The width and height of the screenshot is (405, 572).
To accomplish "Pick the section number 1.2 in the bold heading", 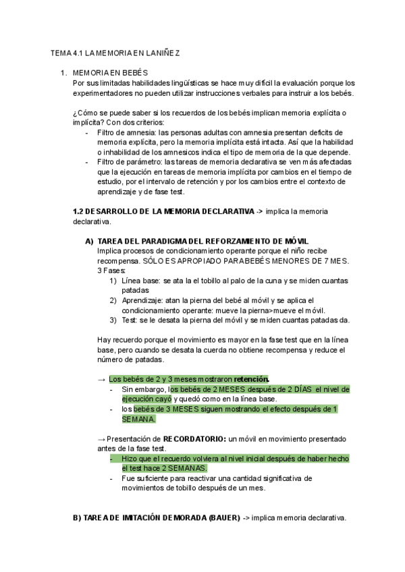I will pos(78,211).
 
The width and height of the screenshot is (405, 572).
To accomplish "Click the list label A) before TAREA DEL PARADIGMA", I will pos(89,241).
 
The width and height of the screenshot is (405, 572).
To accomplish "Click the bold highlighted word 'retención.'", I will pos(252,379).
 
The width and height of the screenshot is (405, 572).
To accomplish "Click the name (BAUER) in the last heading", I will pos(220,518).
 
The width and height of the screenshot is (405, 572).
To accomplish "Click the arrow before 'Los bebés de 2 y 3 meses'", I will pos(102,379).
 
